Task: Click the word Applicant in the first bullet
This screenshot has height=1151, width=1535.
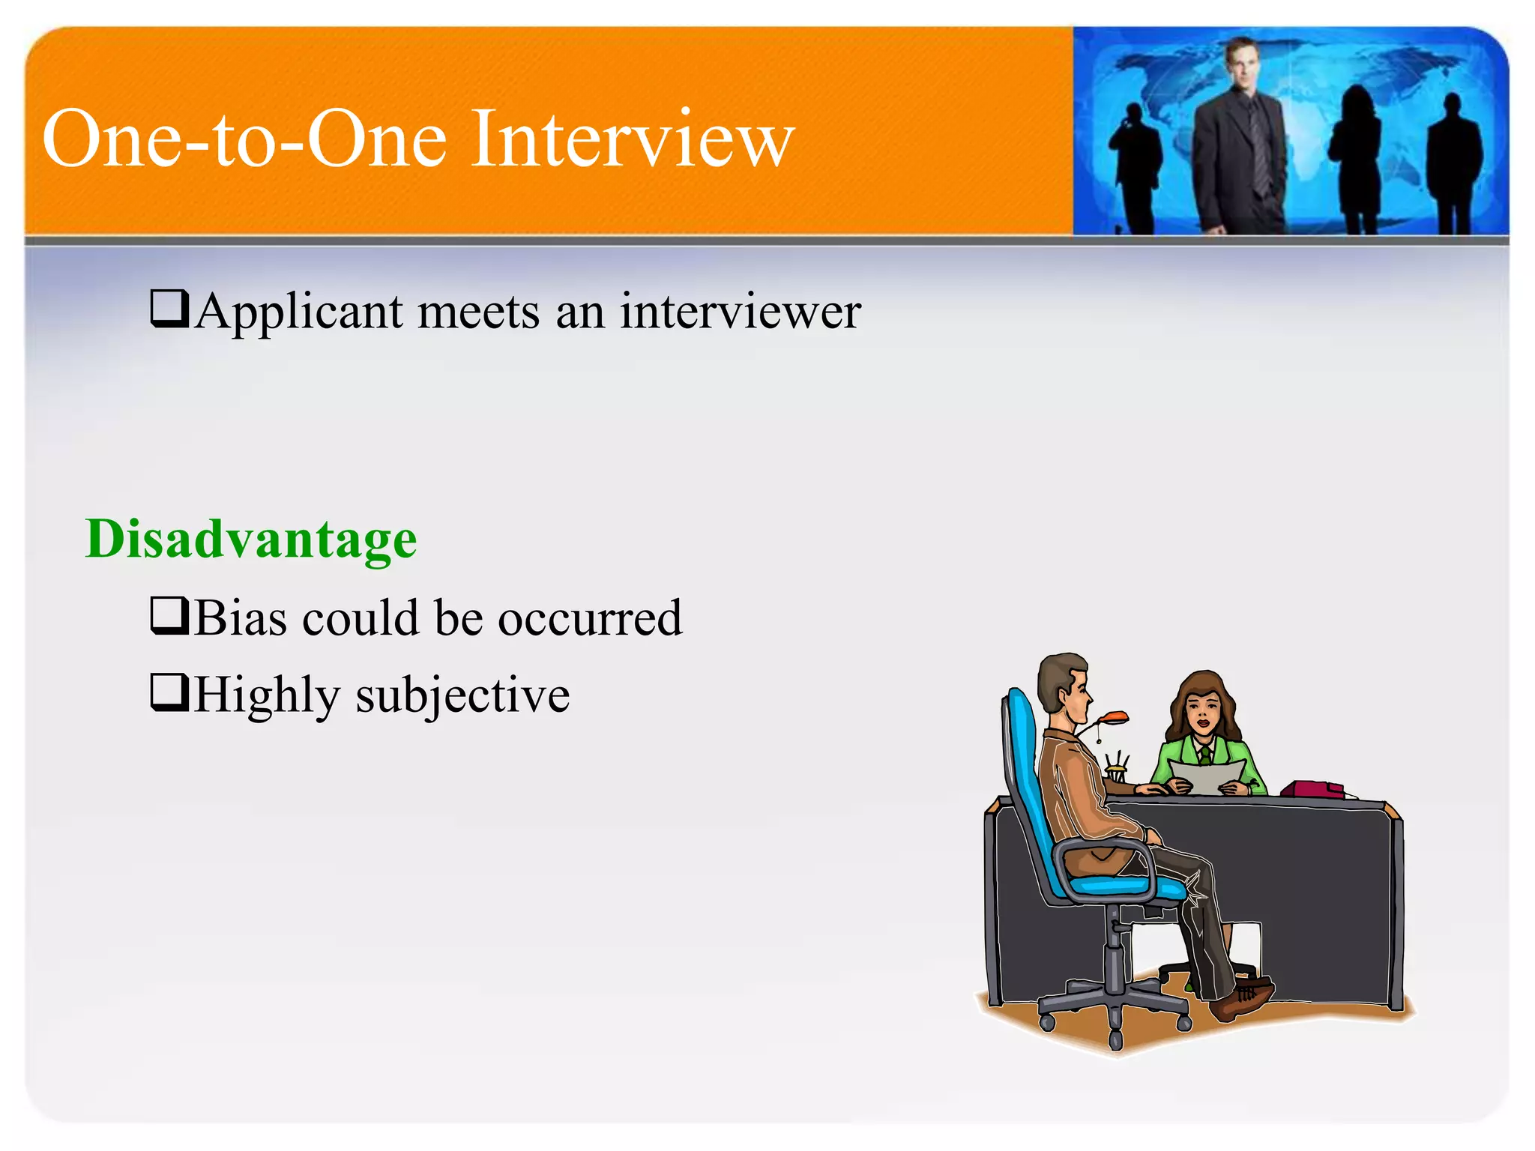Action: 298,311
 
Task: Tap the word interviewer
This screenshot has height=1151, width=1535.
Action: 740,311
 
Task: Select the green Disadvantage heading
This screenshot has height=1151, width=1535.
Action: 251,540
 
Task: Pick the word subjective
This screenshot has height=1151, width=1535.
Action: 462,695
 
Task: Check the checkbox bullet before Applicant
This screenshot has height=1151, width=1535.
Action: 169,309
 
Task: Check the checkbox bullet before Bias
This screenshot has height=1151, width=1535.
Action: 169,616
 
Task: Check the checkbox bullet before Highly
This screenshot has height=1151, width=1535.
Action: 169,692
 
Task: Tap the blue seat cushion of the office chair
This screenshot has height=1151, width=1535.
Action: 1124,886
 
